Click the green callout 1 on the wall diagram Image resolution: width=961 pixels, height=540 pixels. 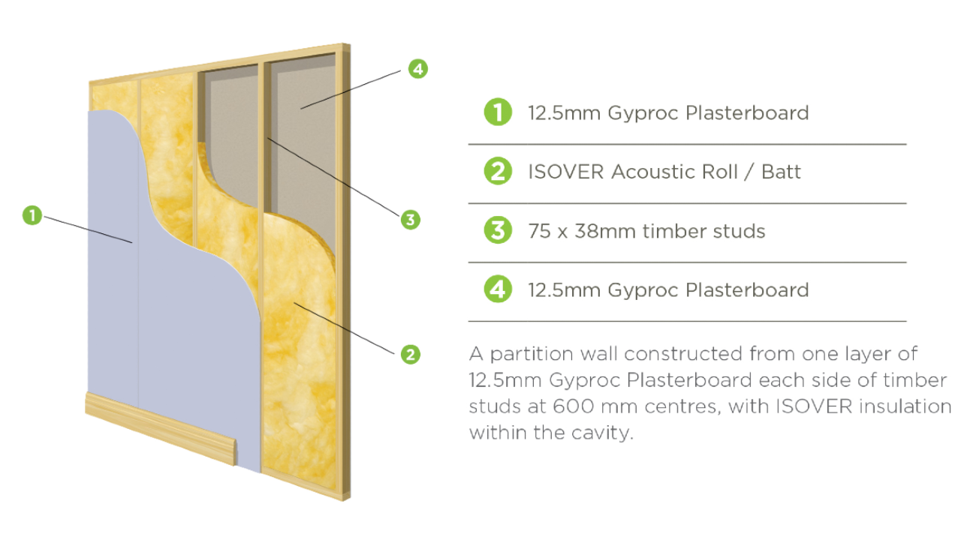(32, 216)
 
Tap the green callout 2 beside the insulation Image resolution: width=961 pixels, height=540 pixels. (409, 354)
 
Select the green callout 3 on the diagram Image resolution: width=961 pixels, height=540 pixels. (409, 220)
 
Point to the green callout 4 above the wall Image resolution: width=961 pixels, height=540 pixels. (418, 69)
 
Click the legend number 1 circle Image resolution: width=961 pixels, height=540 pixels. (498, 112)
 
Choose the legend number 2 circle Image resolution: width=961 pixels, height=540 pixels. (498, 172)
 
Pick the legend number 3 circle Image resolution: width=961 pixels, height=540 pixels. (498, 230)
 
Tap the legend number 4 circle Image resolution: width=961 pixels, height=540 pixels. (498, 289)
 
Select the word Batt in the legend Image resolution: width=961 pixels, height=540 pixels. (781, 172)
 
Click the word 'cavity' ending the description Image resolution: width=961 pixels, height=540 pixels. (601, 433)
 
